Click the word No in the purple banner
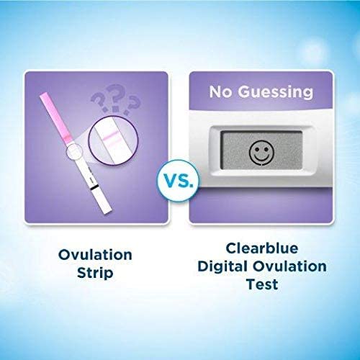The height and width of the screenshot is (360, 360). coord(222,92)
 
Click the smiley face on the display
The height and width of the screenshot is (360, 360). coord(258,153)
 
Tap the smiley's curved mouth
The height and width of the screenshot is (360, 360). coord(258,158)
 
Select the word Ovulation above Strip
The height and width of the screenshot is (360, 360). coord(95,256)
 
